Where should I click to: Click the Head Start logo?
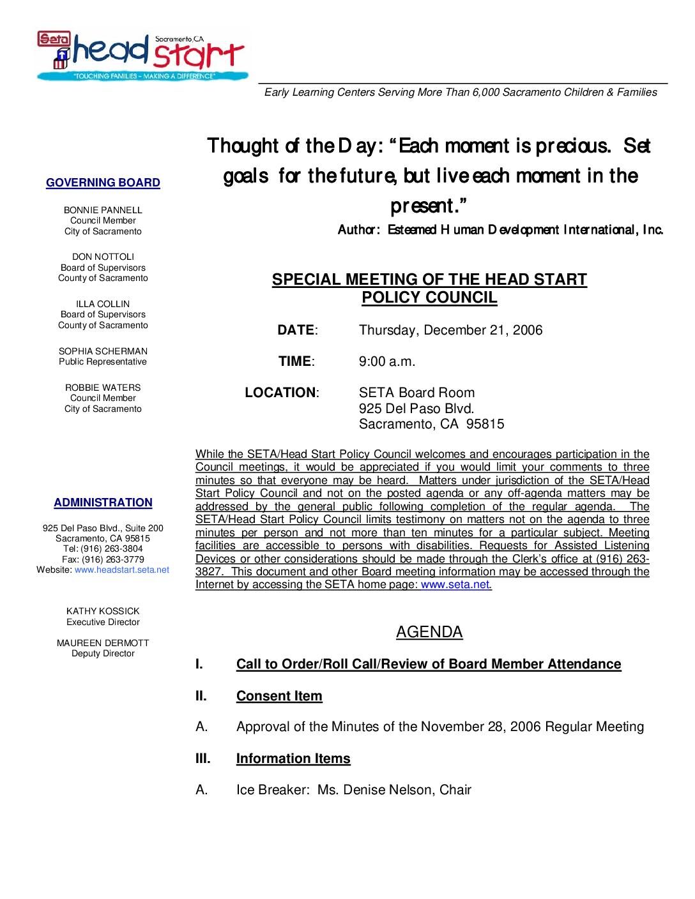click(141, 56)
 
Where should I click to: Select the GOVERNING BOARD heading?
click(103, 183)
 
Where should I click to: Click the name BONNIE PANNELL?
click(103, 210)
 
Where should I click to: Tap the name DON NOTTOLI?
click(103, 257)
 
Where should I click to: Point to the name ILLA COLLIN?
click(103, 304)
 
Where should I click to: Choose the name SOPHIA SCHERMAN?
click(103, 351)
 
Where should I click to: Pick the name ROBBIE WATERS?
click(103, 388)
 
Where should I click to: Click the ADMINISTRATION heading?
click(103, 502)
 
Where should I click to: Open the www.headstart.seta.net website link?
click(122, 570)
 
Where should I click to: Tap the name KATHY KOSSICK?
click(103, 611)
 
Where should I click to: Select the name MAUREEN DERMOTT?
click(103, 643)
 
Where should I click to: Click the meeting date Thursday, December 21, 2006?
click(450, 330)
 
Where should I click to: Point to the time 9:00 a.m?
click(387, 361)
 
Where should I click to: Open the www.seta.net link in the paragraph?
click(455, 584)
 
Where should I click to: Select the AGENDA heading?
click(429, 632)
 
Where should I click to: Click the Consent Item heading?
click(279, 696)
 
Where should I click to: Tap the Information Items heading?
click(293, 759)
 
